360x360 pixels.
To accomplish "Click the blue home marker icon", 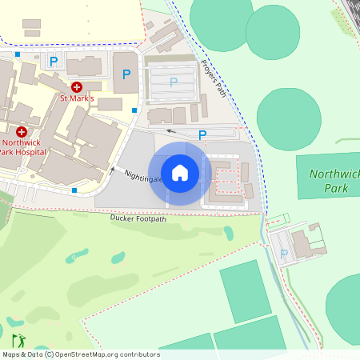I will tap(180, 173).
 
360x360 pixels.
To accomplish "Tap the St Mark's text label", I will tap(78, 98).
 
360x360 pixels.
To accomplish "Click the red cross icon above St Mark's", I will tap(77, 86).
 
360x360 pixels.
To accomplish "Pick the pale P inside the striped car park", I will tap(173, 82).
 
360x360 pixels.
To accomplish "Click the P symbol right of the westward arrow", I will tap(202, 135).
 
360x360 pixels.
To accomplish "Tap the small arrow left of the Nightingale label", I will tap(113, 169).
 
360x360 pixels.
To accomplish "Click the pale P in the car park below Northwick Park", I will tap(284, 254).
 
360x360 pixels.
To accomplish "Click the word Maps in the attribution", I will tap(12, 354).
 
